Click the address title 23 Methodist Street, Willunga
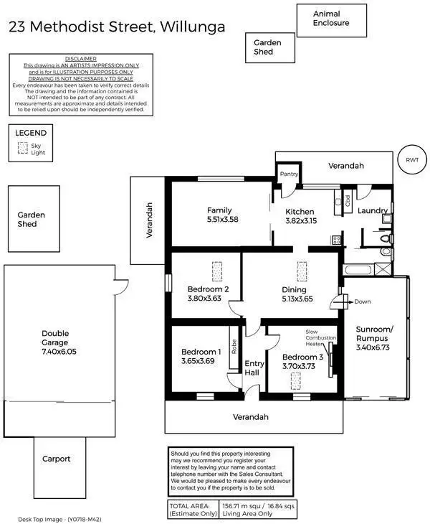point(116,27)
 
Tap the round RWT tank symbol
point(411,160)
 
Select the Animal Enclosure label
point(331,18)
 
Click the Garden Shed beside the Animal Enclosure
point(267,47)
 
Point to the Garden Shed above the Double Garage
point(32,219)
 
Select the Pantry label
point(289,174)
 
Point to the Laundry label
point(373,211)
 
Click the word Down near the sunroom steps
point(362,301)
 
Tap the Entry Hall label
point(254,368)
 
